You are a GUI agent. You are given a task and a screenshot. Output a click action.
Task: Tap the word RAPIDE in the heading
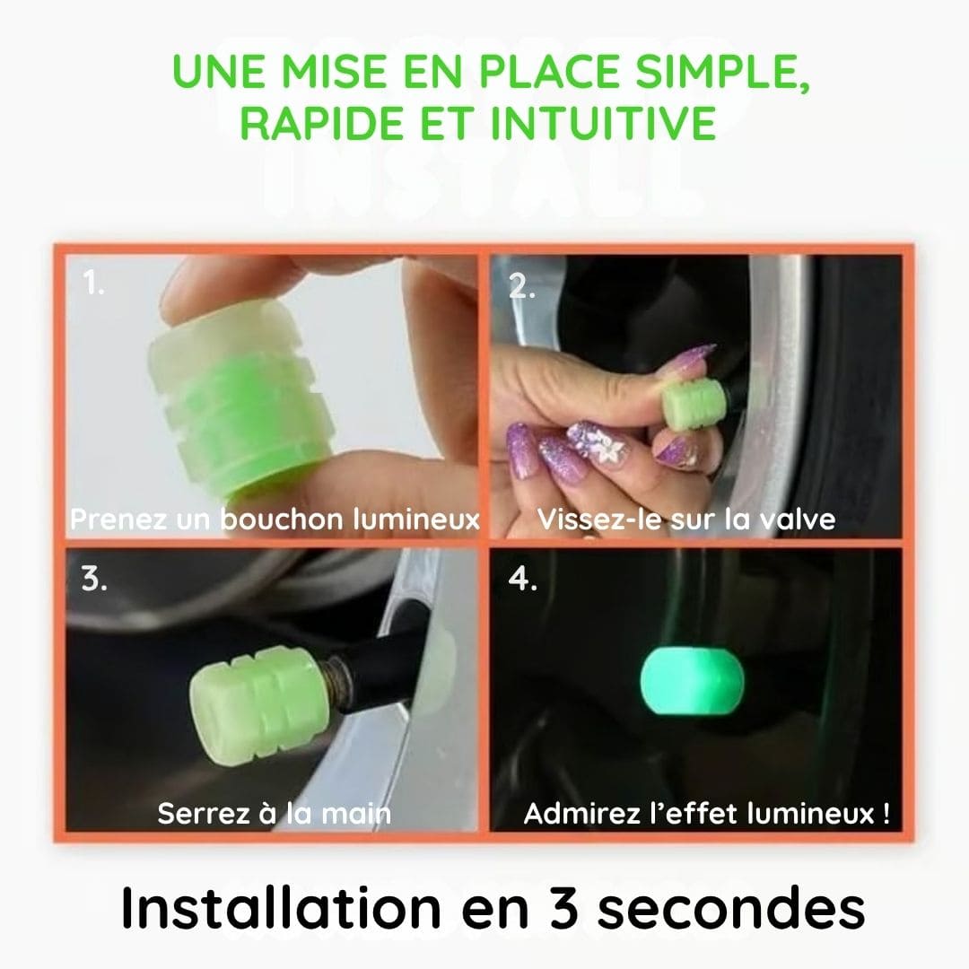coord(321,123)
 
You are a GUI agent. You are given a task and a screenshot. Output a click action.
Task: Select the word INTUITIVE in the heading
coord(603,123)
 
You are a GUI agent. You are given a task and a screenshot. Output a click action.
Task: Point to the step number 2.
coord(521,287)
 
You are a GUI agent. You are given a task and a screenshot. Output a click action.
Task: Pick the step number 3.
coord(94,579)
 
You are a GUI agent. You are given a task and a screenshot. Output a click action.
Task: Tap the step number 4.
coord(522,579)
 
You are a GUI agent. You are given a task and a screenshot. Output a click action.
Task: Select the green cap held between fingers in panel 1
coord(241,396)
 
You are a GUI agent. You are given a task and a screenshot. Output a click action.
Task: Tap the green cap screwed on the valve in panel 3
coord(258,703)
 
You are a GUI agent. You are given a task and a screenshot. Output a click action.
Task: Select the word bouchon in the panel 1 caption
coord(282,519)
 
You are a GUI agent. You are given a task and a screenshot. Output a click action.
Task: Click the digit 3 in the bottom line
coord(563,908)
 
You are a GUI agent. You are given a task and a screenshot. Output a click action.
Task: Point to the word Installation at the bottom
coord(281,907)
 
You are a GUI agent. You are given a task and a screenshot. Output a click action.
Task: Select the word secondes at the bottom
coord(731,907)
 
